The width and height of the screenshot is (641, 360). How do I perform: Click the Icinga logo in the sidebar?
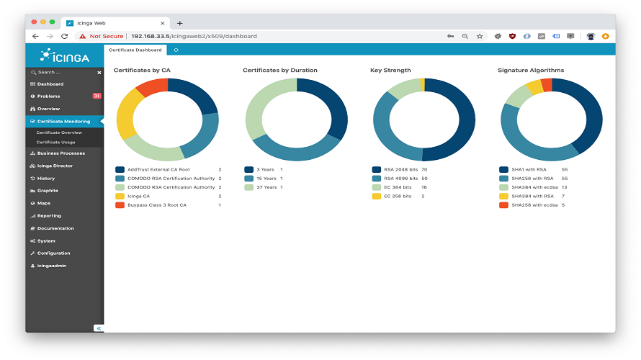[65, 55]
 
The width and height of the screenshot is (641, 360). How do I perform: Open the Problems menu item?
[49, 96]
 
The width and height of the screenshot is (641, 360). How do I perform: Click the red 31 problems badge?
[97, 96]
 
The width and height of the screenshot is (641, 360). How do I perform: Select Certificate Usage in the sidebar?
[55, 142]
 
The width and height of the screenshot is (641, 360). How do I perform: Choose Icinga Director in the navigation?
[55, 166]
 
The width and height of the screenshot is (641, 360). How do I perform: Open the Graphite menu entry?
[48, 191]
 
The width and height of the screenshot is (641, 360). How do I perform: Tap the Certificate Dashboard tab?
[135, 50]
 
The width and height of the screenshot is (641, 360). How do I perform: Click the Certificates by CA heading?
[142, 71]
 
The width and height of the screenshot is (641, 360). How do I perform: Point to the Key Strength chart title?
[390, 71]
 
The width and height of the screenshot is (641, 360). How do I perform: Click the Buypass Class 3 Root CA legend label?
[156, 205]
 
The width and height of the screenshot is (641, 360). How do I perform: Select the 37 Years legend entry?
[266, 187]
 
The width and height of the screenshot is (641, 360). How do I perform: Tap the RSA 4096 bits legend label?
[400, 179]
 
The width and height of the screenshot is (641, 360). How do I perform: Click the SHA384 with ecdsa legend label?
[533, 187]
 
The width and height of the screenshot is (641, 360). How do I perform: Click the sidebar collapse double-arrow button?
[99, 328]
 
